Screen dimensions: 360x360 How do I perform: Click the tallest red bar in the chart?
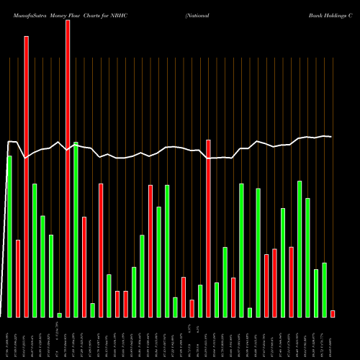(68, 168)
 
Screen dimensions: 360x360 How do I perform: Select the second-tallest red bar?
(27, 176)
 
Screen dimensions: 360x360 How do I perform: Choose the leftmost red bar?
(18, 278)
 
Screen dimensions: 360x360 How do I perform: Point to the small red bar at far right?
(333, 313)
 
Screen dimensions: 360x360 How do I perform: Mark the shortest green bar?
(60, 315)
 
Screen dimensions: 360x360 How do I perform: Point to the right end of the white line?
(331, 137)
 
